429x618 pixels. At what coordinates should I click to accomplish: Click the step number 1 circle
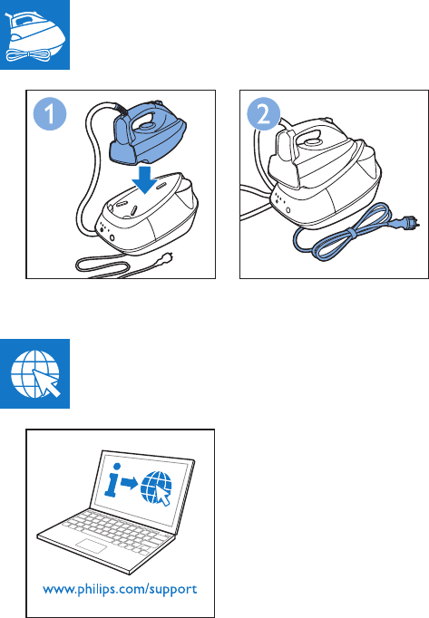pyautogui.click(x=50, y=113)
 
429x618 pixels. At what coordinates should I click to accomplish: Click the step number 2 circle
pyautogui.click(x=264, y=114)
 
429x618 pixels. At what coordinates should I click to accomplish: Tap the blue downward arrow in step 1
pyautogui.click(x=145, y=179)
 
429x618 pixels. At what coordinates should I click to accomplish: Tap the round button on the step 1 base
pyautogui.click(x=112, y=237)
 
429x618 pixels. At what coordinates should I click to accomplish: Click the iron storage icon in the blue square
pyautogui.click(x=34, y=34)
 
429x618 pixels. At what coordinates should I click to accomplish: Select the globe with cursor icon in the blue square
pyautogui.click(x=34, y=373)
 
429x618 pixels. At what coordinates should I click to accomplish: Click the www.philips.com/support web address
pyautogui.click(x=120, y=590)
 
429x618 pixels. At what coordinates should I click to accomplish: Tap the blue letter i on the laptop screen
pyautogui.click(x=112, y=479)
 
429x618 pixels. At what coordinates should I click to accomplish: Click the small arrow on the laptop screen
pyautogui.click(x=129, y=482)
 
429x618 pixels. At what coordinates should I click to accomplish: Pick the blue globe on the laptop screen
pyautogui.click(x=156, y=488)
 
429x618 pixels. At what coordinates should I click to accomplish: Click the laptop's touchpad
pyautogui.click(x=92, y=546)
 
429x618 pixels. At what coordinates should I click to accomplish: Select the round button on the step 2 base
pyautogui.click(x=288, y=211)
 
